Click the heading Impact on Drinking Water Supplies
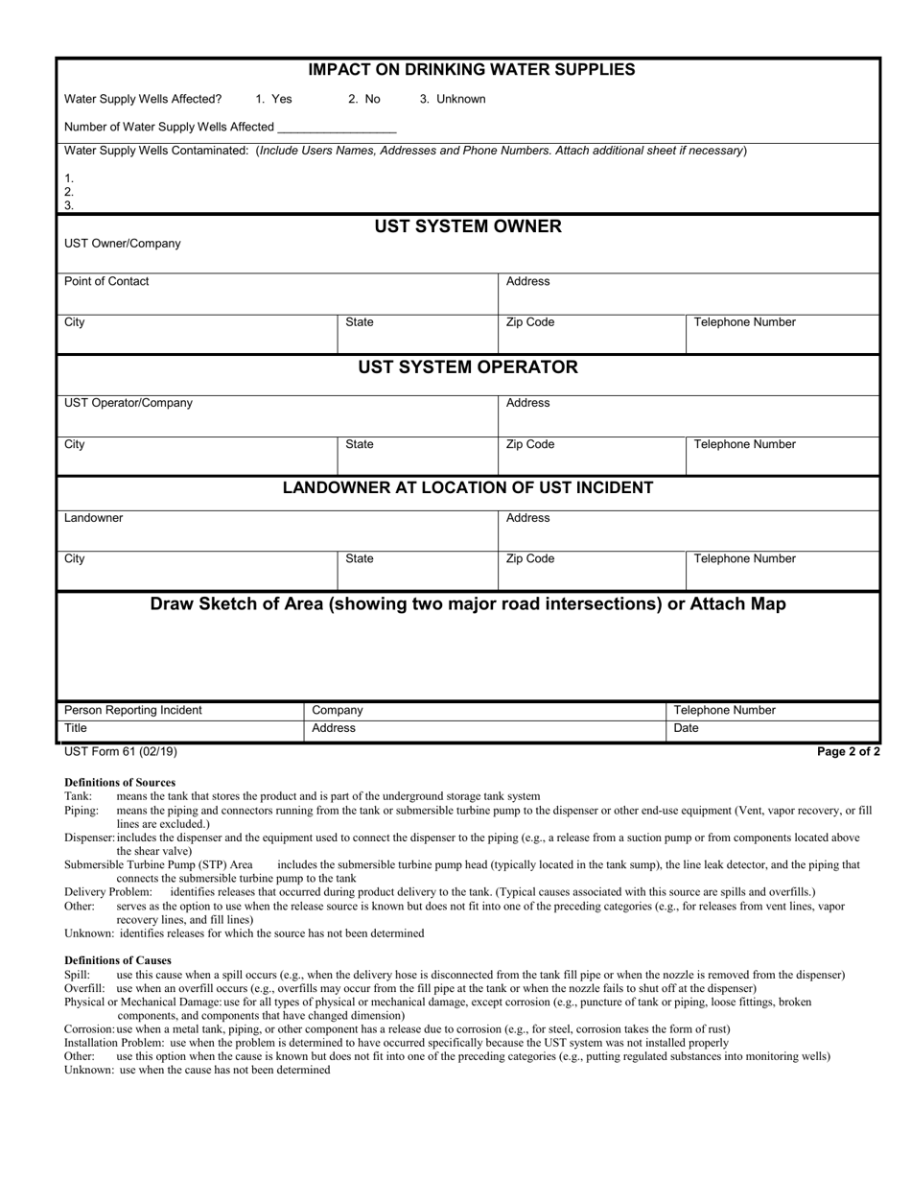(471, 70)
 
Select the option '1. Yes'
(274, 99)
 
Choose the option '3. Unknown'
(453, 99)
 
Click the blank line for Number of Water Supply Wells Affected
(337, 128)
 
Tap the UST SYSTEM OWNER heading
(468, 226)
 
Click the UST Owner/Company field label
(122, 244)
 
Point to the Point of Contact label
(106, 281)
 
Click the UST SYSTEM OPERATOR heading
(468, 367)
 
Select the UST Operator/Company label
(128, 403)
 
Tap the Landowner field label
(93, 518)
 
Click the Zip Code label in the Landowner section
(529, 558)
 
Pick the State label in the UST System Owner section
(359, 322)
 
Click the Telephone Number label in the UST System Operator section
(744, 444)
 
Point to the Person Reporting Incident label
(132, 710)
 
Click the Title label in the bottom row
(76, 728)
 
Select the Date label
(687, 728)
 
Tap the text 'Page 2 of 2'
(848, 752)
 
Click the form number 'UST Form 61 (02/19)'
(120, 752)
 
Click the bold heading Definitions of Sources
(120, 782)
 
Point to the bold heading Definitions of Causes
(118, 960)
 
